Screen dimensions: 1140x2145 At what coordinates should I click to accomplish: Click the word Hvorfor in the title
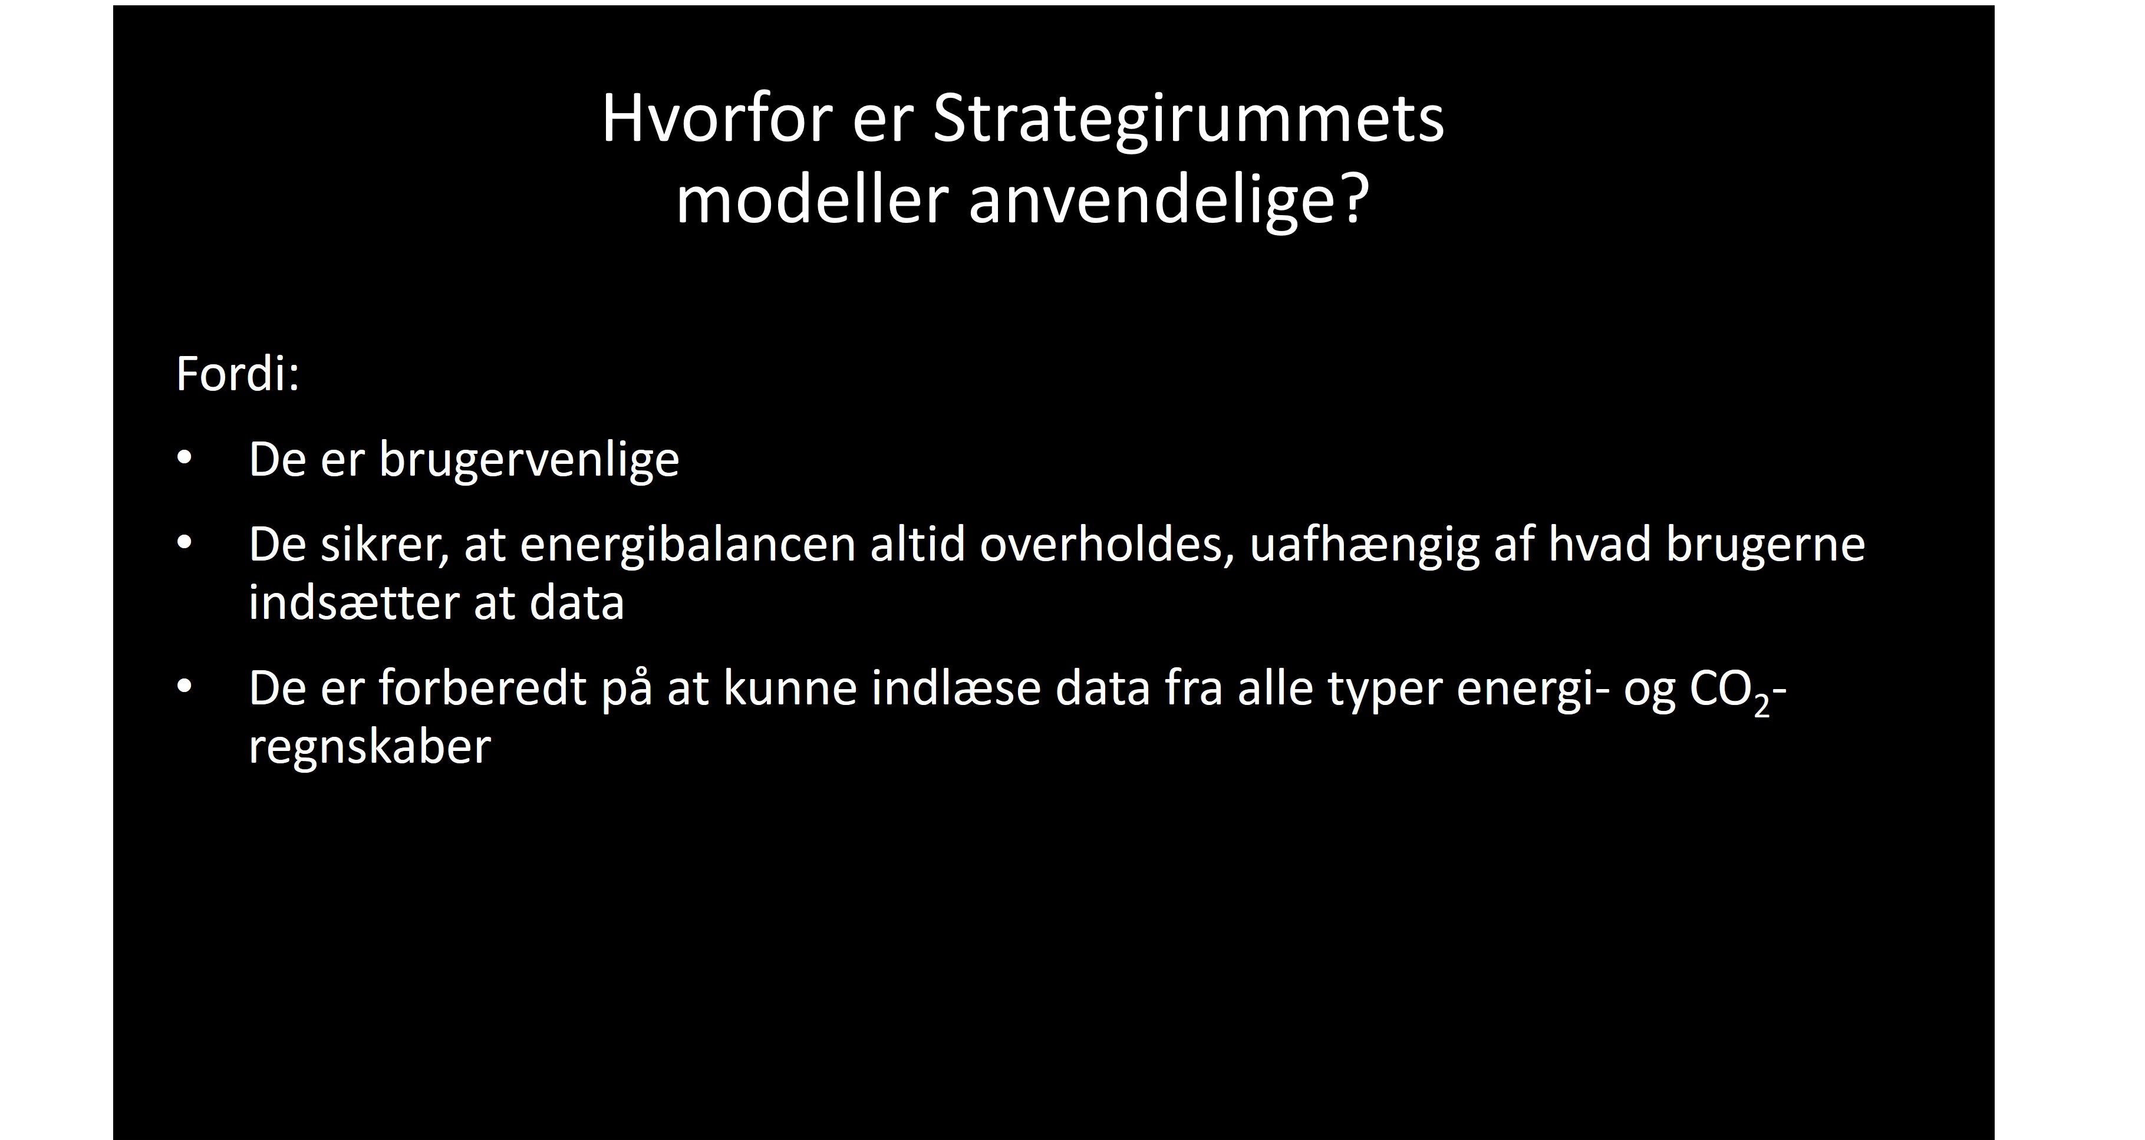[x=717, y=119]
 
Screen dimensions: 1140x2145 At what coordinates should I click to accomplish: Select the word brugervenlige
[x=529, y=460]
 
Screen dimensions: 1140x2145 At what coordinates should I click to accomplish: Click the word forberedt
[x=482, y=688]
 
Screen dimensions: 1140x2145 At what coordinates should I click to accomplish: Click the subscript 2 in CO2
[x=1761, y=706]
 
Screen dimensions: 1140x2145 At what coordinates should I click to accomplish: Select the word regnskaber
[x=370, y=747]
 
